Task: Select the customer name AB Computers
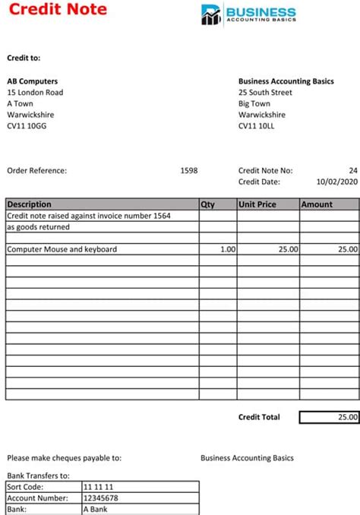click(x=33, y=81)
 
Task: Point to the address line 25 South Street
click(x=266, y=93)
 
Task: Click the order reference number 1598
click(x=188, y=171)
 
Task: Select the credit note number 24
click(x=352, y=171)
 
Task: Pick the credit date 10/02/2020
click(x=336, y=182)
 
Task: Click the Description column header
click(x=30, y=204)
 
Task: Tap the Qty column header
click(x=208, y=204)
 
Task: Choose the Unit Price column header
click(x=257, y=204)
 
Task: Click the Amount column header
click(x=317, y=204)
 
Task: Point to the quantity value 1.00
click(x=227, y=249)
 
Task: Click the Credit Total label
click(x=259, y=417)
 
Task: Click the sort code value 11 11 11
click(x=98, y=487)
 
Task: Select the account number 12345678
click(x=101, y=498)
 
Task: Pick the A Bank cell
click(x=96, y=510)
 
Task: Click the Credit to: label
click(x=24, y=58)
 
